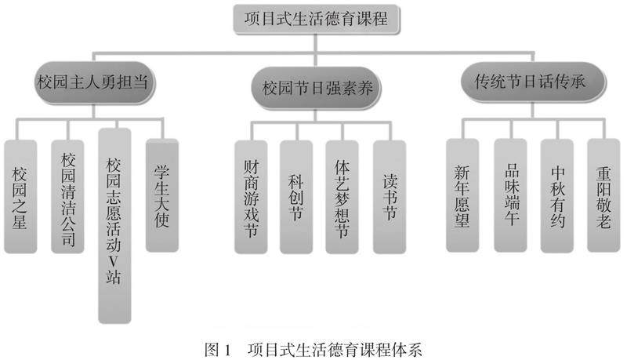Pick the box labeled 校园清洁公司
coord(68,196)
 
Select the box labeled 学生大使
coord(162,196)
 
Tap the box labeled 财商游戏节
coord(251,196)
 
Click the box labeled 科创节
coord(296,196)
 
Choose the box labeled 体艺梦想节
coord(342,196)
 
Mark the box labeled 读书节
coord(390,196)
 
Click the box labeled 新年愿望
coord(462,196)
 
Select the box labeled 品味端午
coord(509,196)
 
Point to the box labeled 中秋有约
coord(557,196)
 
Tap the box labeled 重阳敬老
coord(603,196)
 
